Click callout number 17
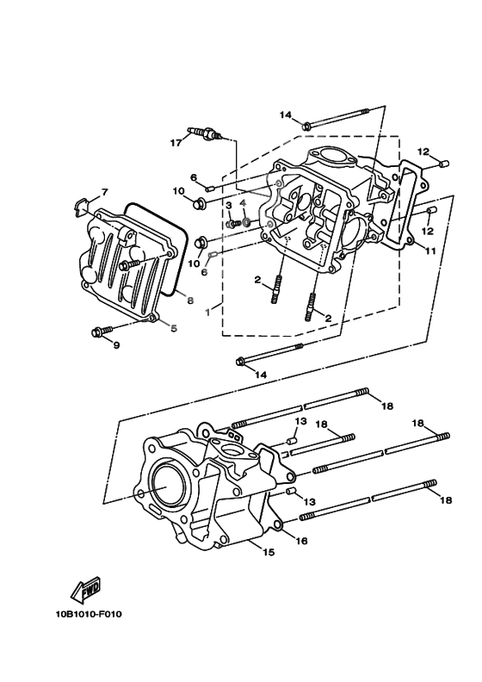(x=175, y=143)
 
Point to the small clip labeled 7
(x=80, y=205)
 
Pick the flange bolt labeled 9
(x=101, y=331)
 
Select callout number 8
(x=190, y=301)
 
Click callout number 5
(x=173, y=327)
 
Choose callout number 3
(x=230, y=206)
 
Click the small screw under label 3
(x=232, y=224)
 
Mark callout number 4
(x=244, y=204)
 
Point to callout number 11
(x=430, y=251)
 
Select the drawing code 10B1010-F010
(x=84, y=615)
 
